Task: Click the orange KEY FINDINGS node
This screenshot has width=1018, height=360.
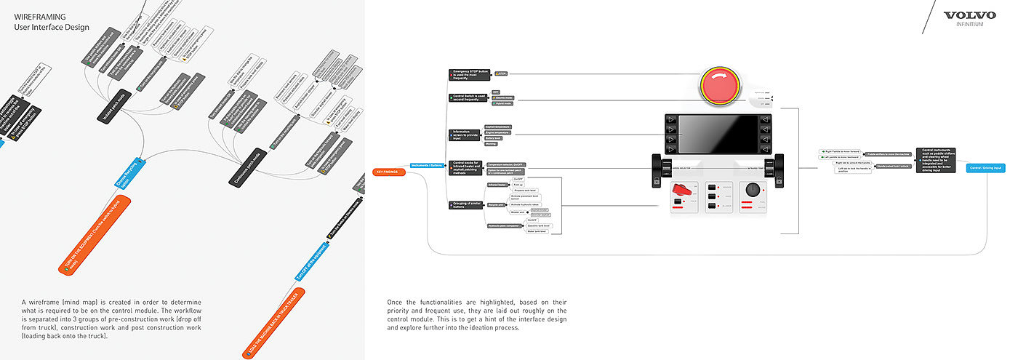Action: pyautogui.click(x=388, y=172)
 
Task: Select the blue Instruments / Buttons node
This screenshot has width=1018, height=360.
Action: pyautogui.click(x=428, y=166)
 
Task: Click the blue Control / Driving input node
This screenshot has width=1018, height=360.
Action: pyautogui.click(x=986, y=168)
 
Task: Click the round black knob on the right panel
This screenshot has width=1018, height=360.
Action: pyautogui.click(x=753, y=190)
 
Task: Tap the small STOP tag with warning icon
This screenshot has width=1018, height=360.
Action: pyautogui.click(x=502, y=73)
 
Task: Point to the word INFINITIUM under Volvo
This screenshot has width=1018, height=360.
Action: pyautogui.click(x=969, y=24)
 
